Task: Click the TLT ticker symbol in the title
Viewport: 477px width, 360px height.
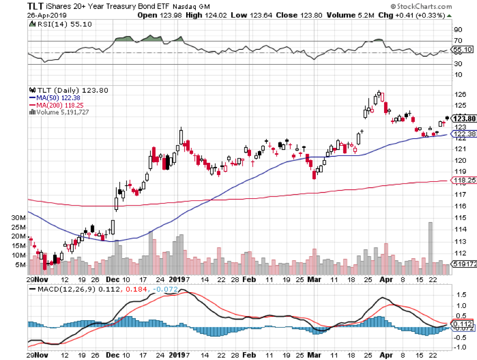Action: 37,6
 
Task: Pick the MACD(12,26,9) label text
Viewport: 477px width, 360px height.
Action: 62,288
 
